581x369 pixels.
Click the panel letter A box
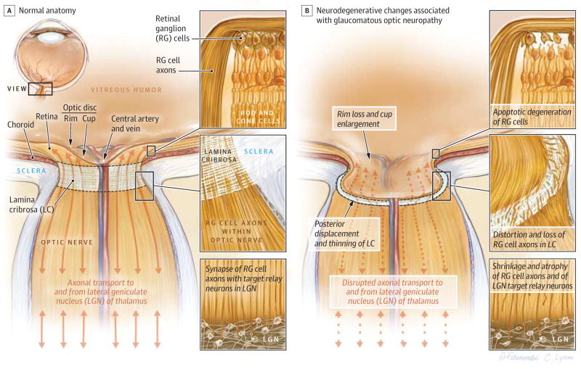point(7,10)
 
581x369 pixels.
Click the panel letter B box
point(308,10)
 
